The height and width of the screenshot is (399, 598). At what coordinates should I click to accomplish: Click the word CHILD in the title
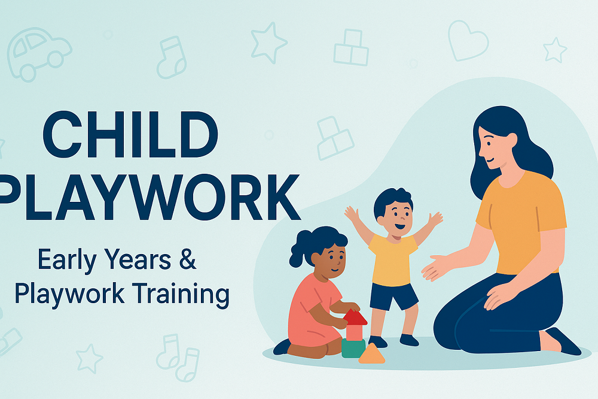coord(130,135)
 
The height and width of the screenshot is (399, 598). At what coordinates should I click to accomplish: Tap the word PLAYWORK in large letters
coord(149,197)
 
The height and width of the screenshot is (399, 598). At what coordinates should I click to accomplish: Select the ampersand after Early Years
coord(187,259)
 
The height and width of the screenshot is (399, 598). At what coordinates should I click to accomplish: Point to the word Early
coord(67,261)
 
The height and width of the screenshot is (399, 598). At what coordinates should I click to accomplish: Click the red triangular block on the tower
coord(355,317)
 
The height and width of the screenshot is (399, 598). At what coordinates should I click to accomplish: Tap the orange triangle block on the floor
coord(371,353)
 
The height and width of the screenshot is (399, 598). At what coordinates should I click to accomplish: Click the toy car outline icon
coord(39,53)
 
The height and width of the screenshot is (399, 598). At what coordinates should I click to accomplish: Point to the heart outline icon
coord(468,41)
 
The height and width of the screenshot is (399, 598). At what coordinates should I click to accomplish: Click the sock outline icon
coord(171,58)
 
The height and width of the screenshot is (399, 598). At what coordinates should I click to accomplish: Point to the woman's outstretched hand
coord(434,268)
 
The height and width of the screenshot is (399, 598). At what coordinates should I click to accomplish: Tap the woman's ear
coord(511,140)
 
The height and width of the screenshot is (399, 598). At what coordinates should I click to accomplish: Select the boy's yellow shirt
coord(392,260)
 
